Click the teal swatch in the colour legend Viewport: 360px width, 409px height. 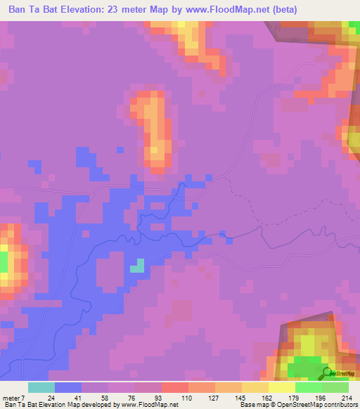click(x=41, y=387)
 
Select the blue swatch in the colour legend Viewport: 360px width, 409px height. click(x=68, y=387)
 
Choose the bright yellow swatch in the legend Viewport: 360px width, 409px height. click(x=282, y=387)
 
